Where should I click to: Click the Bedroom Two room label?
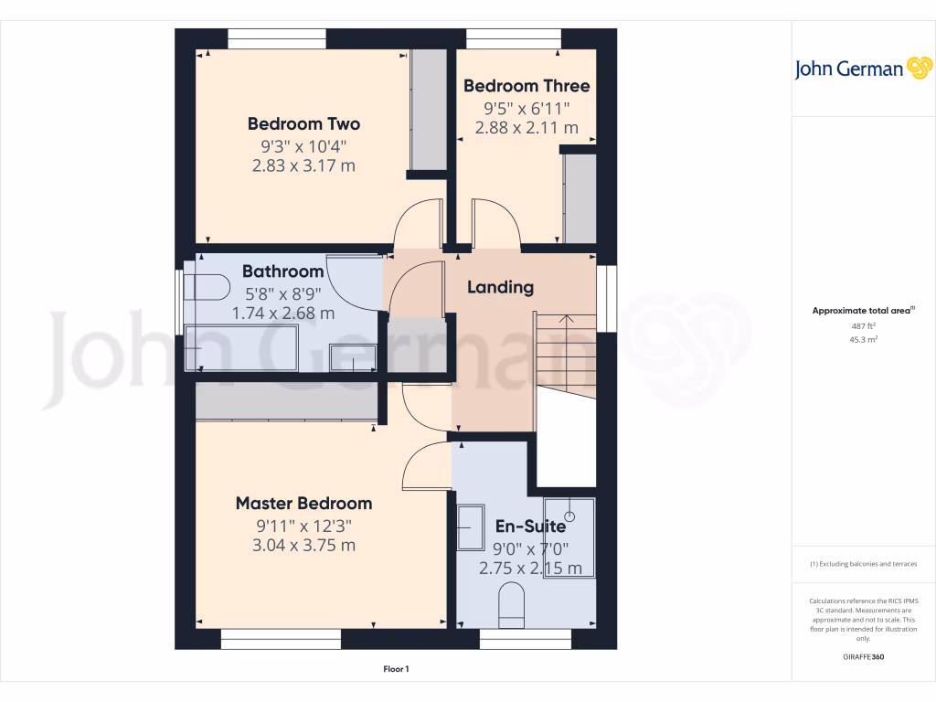[303, 123]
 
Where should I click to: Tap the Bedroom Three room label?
[526, 86]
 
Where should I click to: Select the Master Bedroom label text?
[303, 503]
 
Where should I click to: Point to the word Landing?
[500, 287]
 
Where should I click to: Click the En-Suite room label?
[530, 526]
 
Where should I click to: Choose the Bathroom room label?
[282, 271]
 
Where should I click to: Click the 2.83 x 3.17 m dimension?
[303, 166]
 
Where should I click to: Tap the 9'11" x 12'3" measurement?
[303, 526]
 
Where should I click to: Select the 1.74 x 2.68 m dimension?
[282, 313]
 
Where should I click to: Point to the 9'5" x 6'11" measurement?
[526, 108]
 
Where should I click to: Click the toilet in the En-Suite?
[511, 608]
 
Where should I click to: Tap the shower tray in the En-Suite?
[569, 537]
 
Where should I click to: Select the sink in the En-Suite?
[471, 526]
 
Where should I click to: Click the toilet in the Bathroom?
[206, 287]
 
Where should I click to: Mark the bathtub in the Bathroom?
[241, 350]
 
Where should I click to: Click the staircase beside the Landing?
[564, 347]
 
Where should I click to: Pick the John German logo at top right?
[861, 69]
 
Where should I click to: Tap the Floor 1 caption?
[396, 670]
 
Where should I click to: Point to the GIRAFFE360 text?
[863, 657]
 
